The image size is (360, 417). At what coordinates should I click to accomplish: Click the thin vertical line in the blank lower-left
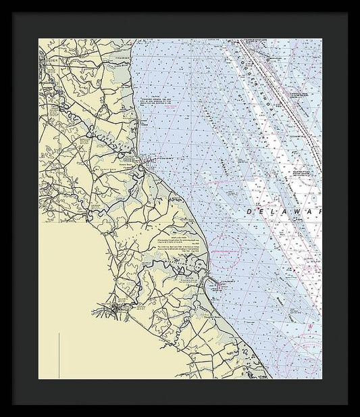[x=59, y=354]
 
